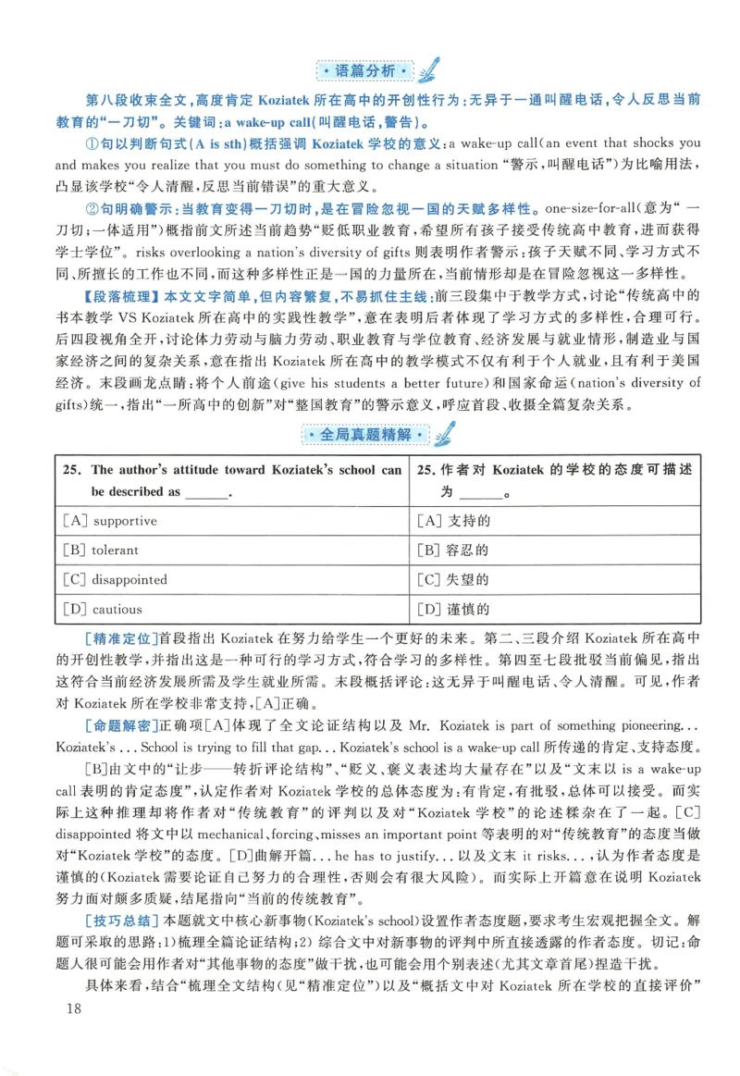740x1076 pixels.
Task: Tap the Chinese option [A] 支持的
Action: coord(453,521)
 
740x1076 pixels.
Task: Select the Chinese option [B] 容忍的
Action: coord(453,550)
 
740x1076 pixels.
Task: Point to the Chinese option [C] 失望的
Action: coord(453,580)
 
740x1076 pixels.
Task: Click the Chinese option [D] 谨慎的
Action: coord(453,610)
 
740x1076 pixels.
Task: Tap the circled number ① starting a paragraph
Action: coord(92,143)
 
